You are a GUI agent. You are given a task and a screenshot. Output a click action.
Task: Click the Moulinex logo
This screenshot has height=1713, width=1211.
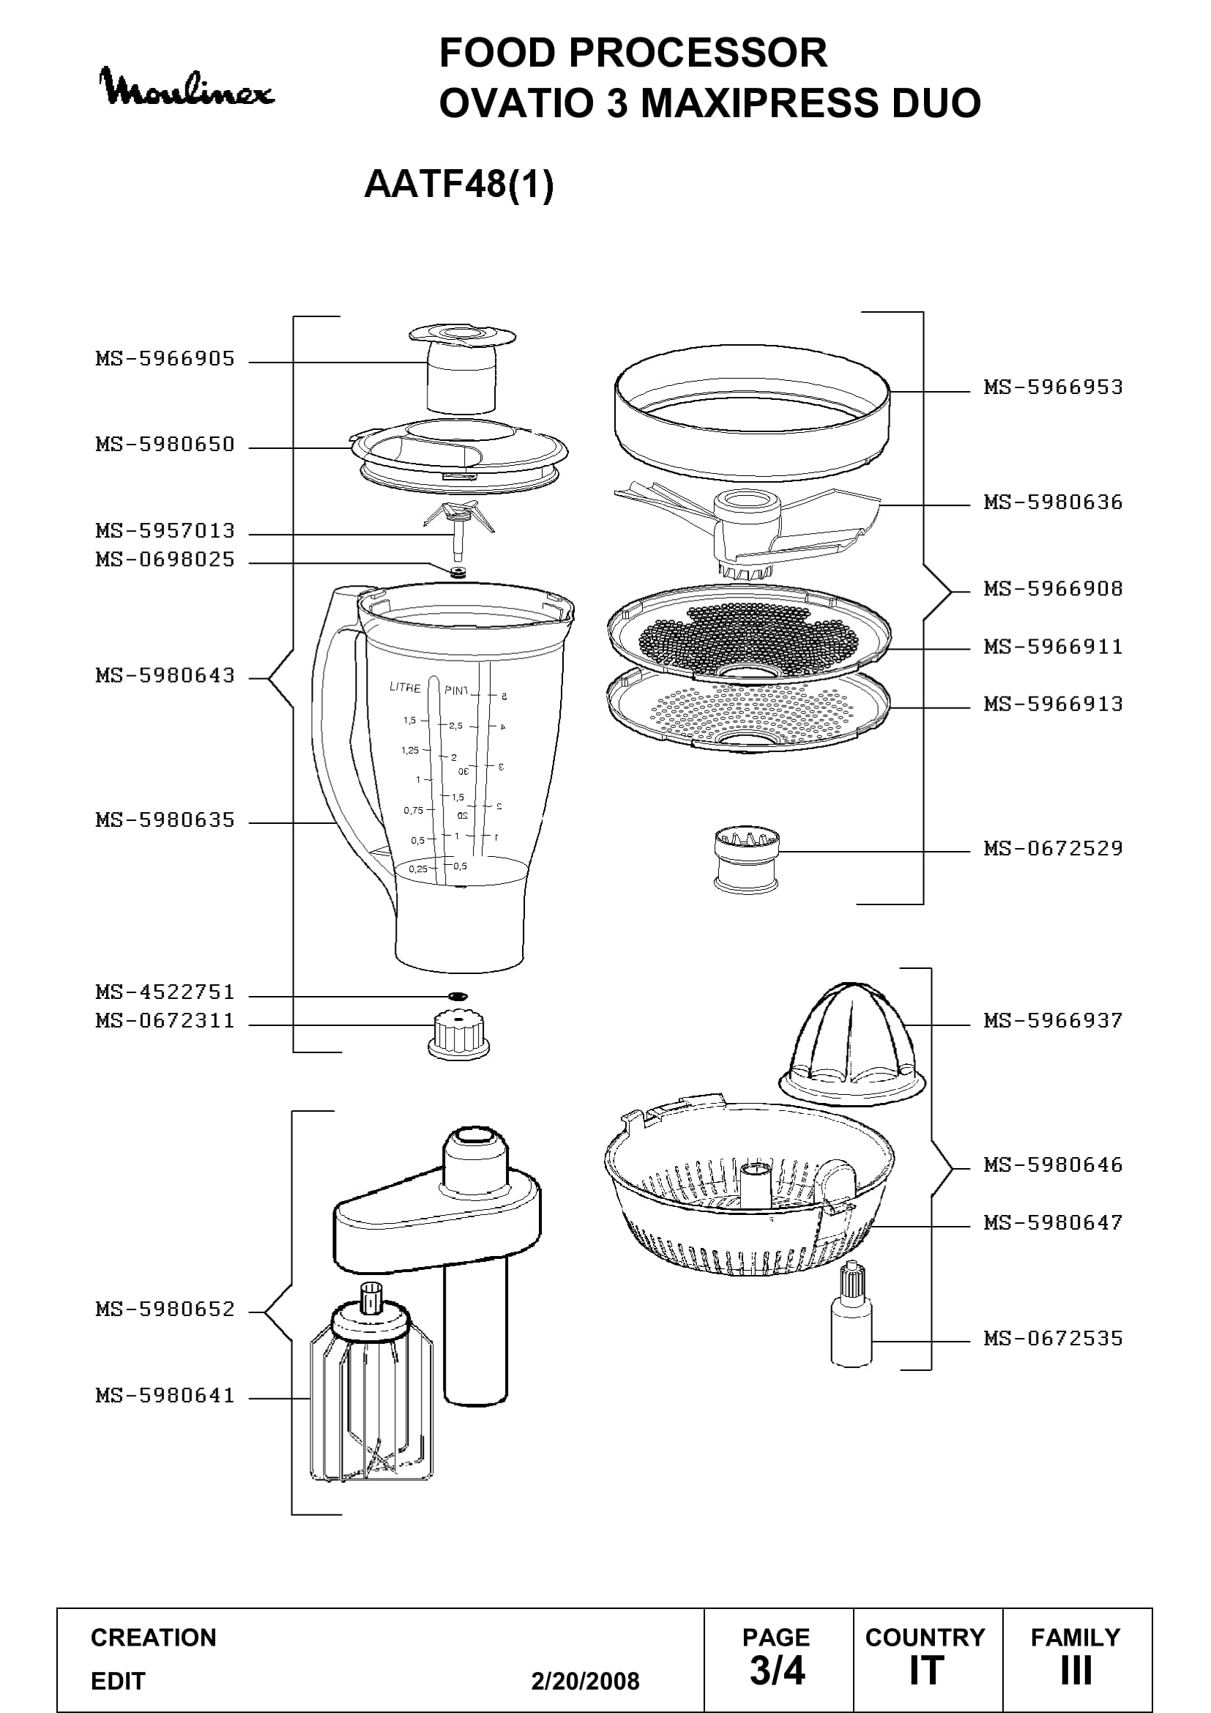(x=187, y=87)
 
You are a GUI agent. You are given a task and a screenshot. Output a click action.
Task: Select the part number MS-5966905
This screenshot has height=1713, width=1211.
(x=165, y=359)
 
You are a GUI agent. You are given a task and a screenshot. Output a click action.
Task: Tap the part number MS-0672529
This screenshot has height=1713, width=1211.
(x=1053, y=848)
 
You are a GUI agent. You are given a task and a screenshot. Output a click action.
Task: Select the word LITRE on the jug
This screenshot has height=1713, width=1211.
(x=405, y=688)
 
